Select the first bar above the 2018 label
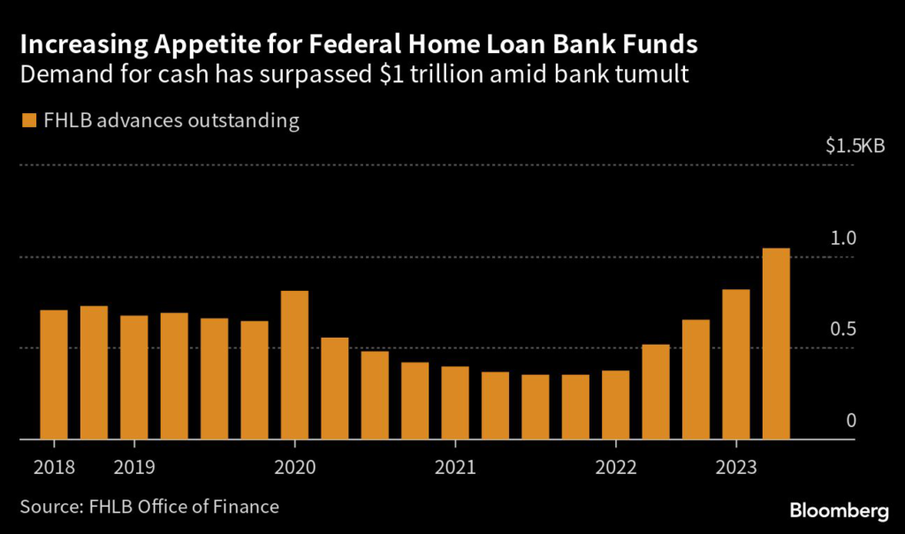pos(54,374)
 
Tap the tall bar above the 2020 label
pos(294,364)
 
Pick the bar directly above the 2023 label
pos(735,363)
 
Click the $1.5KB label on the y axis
pos(854,147)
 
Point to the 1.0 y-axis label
pos(844,238)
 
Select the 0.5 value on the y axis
pos(844,329)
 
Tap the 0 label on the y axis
pos(852,420)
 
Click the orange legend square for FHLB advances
pos(29,120)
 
